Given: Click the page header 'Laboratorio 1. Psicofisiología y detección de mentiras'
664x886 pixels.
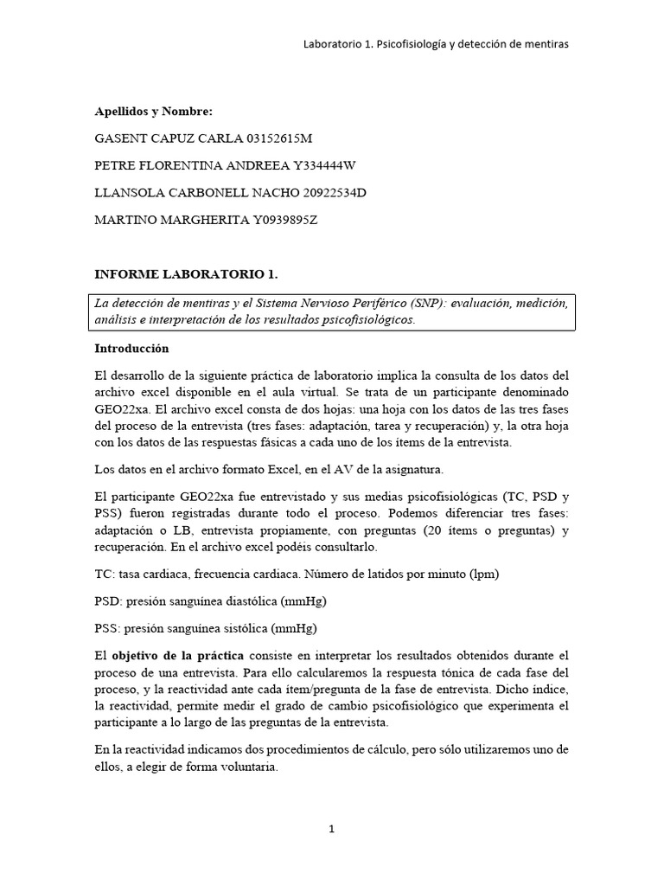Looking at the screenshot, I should click(435, 44).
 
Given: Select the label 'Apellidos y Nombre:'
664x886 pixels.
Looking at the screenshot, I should click(152, 112).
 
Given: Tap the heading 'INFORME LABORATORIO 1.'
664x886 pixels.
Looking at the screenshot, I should click(186, 274).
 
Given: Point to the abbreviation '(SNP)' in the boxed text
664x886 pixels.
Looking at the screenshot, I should click(461, 304).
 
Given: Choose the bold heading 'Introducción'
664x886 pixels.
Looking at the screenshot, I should click(131, 349).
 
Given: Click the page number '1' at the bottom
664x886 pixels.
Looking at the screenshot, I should click(331, 829).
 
